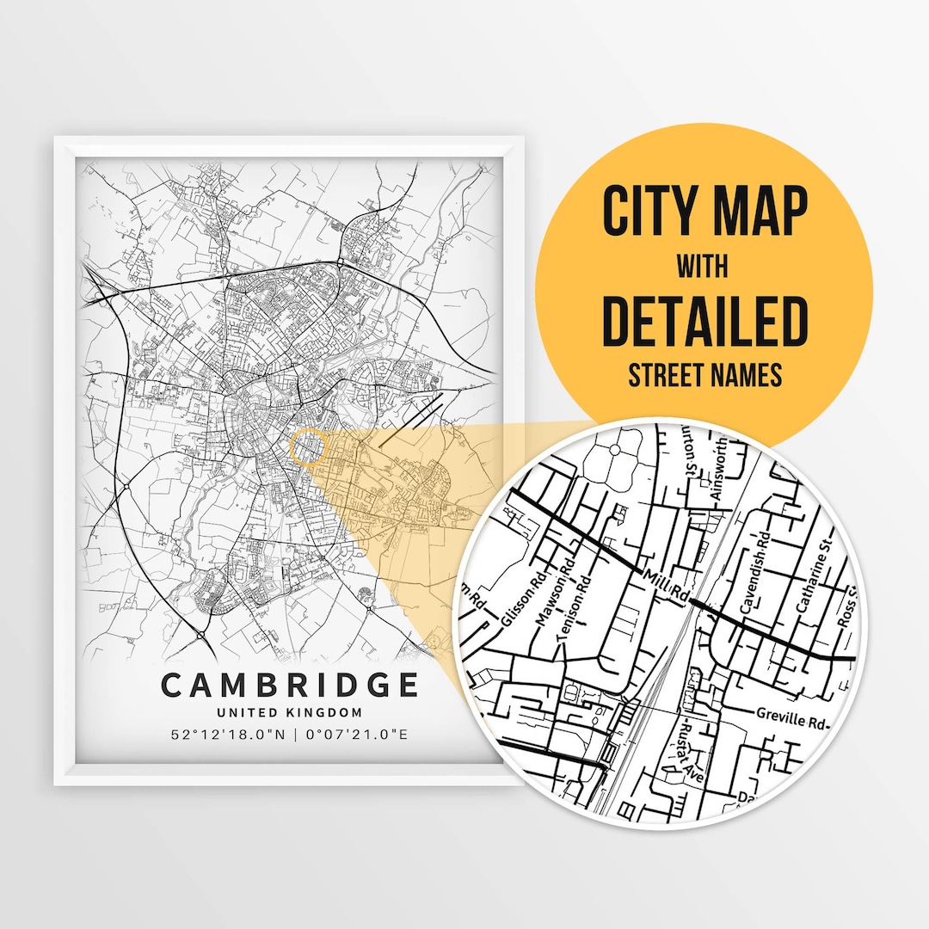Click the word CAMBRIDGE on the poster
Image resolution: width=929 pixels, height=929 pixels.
290,685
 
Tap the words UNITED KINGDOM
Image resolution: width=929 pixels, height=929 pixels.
289,712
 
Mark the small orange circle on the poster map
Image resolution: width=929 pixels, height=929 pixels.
309,449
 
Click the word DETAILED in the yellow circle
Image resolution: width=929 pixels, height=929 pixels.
704,321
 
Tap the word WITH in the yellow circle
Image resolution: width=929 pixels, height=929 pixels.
703,267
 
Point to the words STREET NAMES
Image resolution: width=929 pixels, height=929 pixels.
704,375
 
